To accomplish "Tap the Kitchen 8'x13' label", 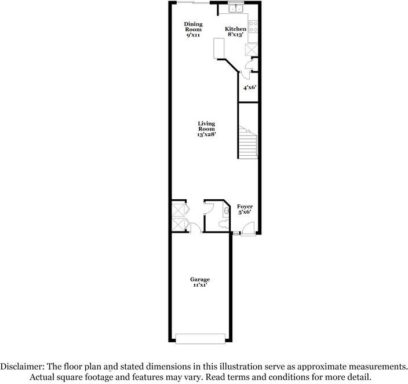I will [x=236, y=32].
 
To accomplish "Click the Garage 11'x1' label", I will [x=200, y=283].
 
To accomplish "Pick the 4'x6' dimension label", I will [x=249, y=87].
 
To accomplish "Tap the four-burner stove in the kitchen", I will [x=253, y=28].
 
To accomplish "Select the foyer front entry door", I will [x=248, y=230].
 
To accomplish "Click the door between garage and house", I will [x=196, y=229].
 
